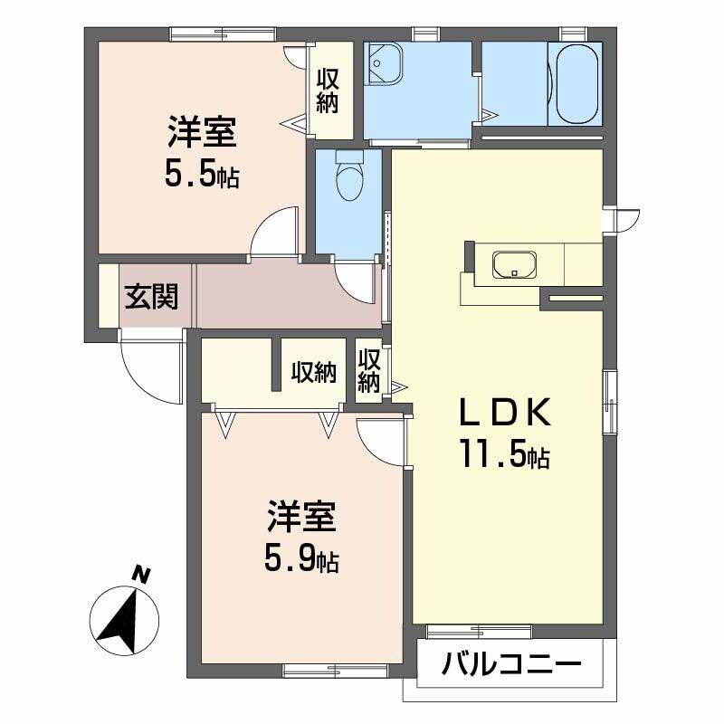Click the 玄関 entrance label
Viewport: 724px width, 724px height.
point(150,296)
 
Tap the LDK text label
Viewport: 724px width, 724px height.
point(502,413)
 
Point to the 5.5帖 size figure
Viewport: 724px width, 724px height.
point(201,174)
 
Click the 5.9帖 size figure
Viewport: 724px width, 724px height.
point(301,560)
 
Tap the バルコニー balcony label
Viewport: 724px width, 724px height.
point(510,667)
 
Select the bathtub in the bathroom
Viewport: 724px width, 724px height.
point(576,86)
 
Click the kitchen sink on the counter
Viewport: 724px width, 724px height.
point(515,265)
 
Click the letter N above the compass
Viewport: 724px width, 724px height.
point(139,573)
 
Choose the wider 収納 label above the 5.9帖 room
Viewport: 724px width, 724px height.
point(313,372)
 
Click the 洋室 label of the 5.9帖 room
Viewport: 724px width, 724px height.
point(301,518)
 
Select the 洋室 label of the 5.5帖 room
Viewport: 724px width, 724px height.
point(201,134)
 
